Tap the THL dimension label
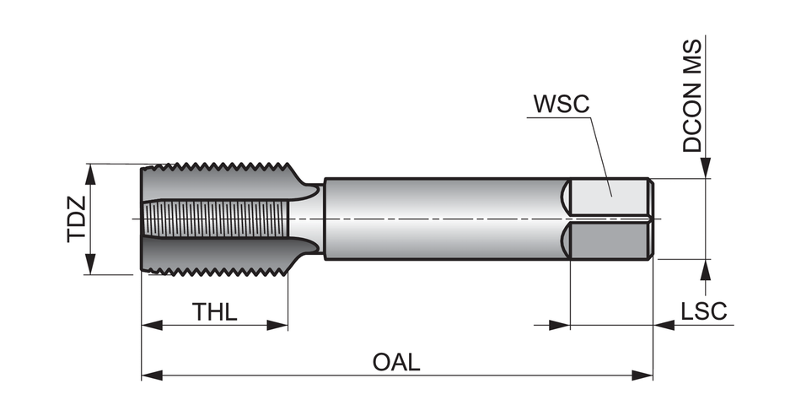click(x=215, y=311)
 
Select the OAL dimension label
click(x=396, y=362)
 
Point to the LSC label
click(x=703, y=311)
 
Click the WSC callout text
click(x=561, y=105)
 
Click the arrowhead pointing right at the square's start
click(x=560, y=325)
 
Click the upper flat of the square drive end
click(x=608, y=199)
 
